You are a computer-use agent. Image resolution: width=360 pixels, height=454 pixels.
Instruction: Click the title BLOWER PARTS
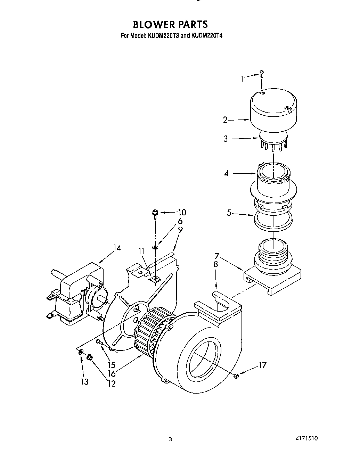pos(170,24)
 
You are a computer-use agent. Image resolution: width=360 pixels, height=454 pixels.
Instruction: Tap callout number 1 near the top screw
pos(242,79)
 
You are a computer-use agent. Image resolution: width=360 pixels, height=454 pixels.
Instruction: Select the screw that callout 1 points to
pos(262,74)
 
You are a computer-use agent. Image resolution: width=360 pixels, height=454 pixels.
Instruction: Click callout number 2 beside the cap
pos(226,120)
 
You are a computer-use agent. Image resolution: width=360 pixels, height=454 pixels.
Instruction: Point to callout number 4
pos(227,173)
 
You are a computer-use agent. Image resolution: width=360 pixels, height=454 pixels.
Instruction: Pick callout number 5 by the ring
pos(229,213)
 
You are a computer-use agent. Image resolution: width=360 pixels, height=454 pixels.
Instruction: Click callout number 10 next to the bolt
pos(182,212)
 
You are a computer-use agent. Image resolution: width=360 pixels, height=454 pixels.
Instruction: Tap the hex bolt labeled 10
pos(155,213)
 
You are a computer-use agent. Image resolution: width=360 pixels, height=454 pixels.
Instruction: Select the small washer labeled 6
pos(155,247)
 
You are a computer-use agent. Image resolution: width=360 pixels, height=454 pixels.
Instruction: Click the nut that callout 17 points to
pos(236,376)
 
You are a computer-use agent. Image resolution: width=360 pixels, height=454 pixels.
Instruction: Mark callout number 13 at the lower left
pos(84,381)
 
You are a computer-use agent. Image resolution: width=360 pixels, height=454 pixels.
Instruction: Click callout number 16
pos(111,374)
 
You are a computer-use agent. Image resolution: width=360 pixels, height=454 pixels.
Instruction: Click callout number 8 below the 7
pos(216,264)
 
